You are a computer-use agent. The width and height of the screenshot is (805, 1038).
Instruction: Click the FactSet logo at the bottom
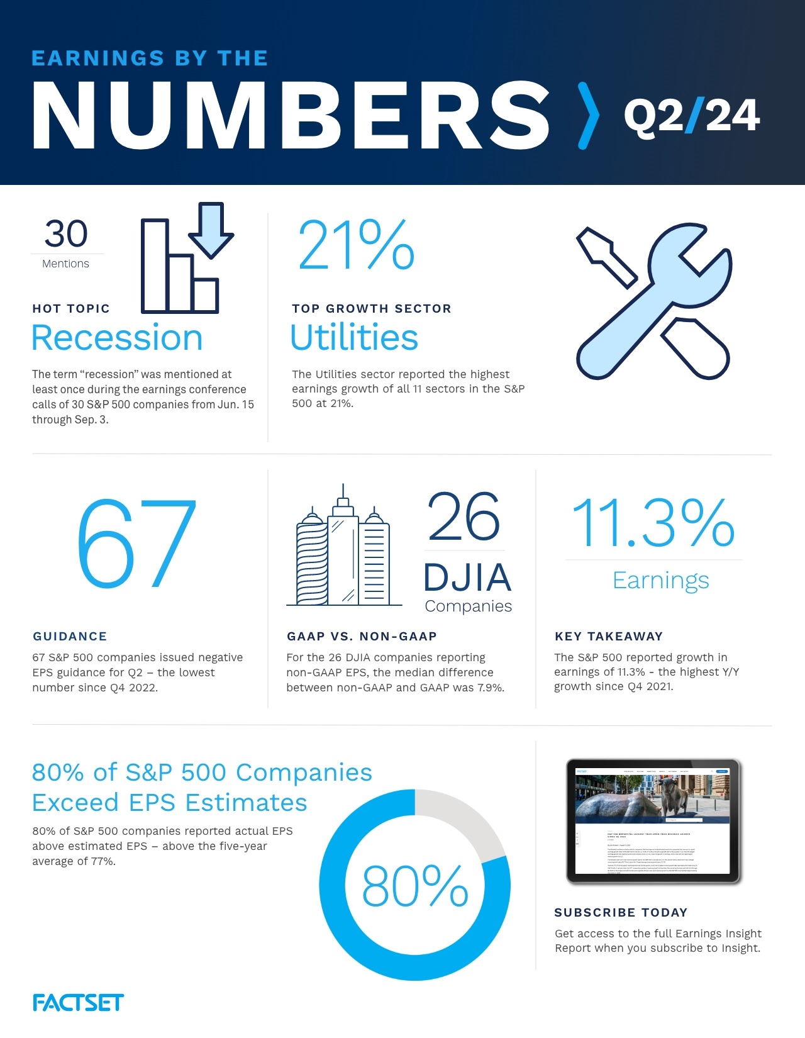78,1003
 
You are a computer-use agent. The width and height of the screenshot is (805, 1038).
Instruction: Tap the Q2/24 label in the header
692,116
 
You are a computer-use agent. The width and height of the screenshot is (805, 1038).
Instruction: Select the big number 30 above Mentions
66,234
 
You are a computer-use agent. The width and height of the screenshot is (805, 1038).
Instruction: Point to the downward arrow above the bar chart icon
211,229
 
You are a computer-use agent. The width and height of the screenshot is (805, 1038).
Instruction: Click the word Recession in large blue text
117,338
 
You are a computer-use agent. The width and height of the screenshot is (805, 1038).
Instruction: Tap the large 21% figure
356,245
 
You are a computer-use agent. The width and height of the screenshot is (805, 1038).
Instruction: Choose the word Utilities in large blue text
354,337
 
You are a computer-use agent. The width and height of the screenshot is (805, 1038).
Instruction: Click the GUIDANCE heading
70,636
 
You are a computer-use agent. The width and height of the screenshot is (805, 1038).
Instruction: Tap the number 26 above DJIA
464,517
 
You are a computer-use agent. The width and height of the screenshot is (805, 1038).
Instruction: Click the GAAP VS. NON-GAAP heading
362,636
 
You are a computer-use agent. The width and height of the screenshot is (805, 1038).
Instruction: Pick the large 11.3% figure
653,523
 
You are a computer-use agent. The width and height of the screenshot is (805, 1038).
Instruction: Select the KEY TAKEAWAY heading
609,636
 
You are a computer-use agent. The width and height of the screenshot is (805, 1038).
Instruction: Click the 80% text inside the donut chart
415,886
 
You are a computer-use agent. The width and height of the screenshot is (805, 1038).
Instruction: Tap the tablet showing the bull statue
654,820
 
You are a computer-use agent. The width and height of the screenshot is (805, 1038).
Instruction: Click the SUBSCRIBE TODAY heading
621,912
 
